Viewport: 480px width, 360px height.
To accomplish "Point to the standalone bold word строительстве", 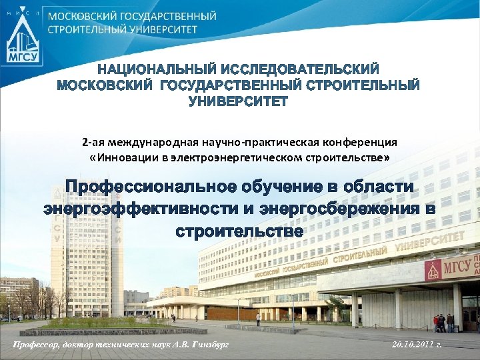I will (239, 232).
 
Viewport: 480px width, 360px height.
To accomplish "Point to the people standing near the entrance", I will (443, 323).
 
